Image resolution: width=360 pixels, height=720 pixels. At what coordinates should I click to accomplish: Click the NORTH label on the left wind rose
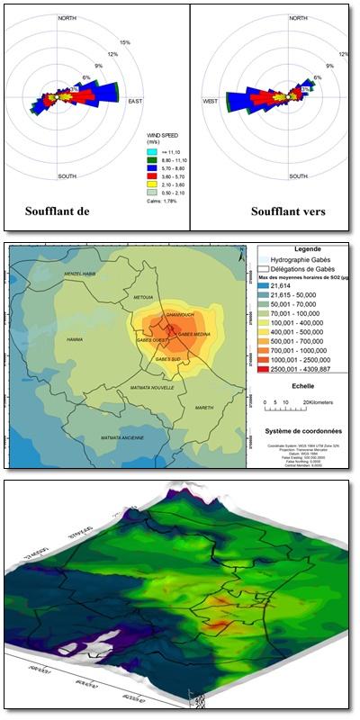coord(67,18)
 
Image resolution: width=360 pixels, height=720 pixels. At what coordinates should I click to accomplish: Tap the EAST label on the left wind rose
coord(136,101)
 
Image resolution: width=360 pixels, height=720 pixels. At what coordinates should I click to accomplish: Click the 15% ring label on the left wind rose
coord(125,42)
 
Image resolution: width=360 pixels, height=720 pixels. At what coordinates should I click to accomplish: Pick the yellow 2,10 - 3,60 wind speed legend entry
coord(151,183)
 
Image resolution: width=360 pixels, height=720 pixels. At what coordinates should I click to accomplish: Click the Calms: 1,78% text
coord(162,201)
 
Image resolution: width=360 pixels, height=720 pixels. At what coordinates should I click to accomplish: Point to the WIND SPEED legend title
coord(162,138)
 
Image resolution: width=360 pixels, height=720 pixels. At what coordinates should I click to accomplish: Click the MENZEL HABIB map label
coord(79,274)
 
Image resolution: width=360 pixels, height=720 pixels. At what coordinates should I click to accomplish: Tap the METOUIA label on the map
coord(143,297)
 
